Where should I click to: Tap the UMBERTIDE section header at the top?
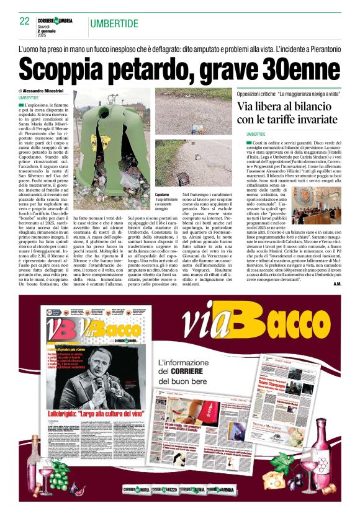coord(114,24)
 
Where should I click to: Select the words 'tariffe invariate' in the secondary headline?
coord(302,118)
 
